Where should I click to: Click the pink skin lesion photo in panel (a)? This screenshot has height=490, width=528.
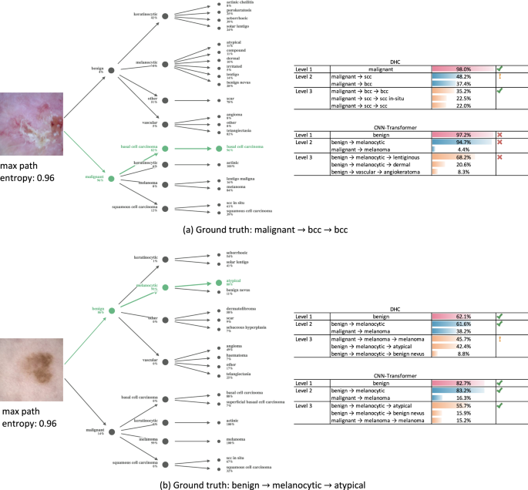33,123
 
